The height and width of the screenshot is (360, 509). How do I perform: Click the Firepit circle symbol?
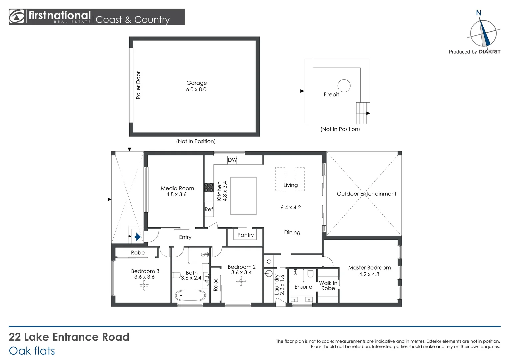point(344,86)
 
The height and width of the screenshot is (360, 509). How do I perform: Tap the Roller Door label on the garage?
point(138,85)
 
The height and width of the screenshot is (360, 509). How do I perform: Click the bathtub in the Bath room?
point(190,295)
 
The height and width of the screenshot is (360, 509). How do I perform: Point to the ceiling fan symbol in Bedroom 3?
point(144,285)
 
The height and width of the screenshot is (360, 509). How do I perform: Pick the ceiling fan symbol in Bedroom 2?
point(241,281)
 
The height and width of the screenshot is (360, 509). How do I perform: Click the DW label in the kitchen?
point(232,160)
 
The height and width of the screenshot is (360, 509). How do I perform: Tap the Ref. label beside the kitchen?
point(209,209)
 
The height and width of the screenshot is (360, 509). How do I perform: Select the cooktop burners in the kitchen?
point(209,187)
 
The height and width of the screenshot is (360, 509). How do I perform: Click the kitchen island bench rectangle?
point(243,196)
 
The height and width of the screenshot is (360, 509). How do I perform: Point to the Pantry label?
point(245,235)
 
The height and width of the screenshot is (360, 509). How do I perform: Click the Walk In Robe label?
point(328,286)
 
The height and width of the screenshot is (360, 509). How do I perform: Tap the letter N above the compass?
point(479,13)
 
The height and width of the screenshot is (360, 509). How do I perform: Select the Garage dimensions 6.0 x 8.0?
point(196,89)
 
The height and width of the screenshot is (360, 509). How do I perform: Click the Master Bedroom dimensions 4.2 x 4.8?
point(369,274)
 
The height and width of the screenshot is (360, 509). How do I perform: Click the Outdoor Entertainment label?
point(366,194)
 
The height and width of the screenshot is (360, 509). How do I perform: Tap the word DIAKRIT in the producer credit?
point(489,52)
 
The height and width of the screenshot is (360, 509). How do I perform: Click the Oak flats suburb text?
point(32,351)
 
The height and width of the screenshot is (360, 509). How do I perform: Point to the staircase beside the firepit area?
point(363,113)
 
